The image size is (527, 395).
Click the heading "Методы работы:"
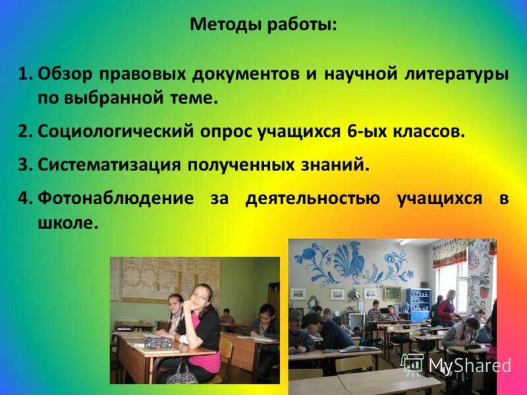point(263,26)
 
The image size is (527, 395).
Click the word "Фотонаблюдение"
point(116,198)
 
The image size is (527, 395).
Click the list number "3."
point(25,164)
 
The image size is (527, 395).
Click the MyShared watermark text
point(469,365)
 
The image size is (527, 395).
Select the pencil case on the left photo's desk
point(159,343)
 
